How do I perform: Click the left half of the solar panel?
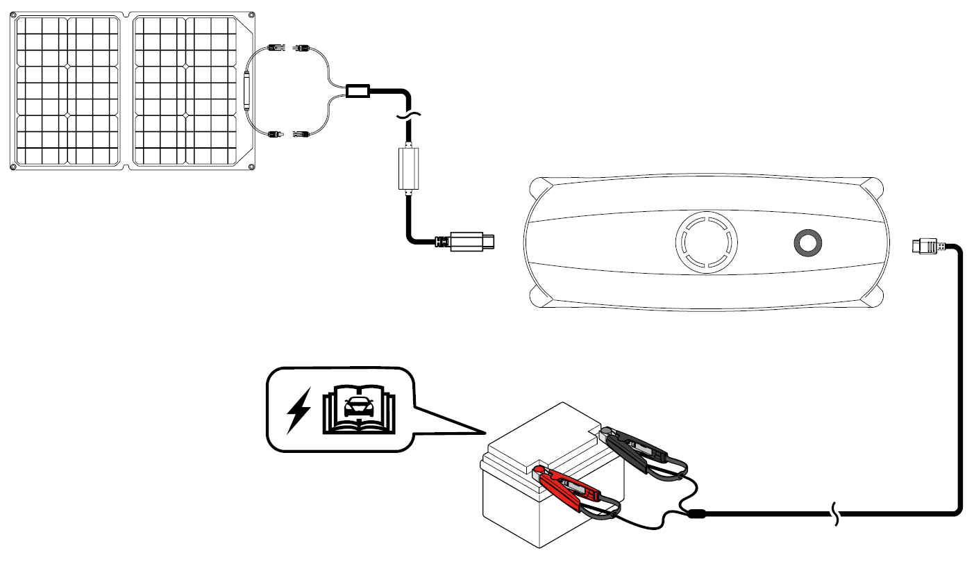point(68,90)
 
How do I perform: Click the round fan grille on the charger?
point(706,242)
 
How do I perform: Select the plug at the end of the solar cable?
point(472,242)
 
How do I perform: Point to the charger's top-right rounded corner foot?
point(874,189)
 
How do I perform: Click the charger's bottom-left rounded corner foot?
point(541,297)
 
